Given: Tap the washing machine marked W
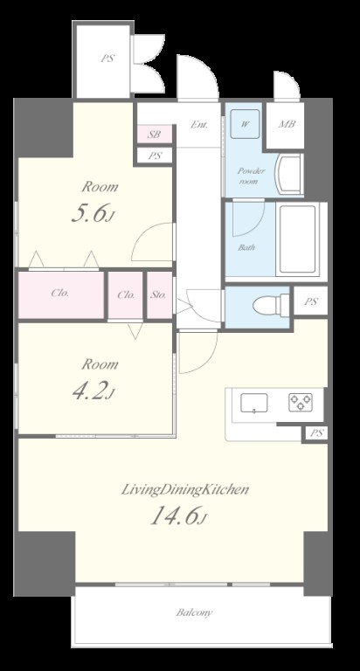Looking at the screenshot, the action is click(245, 124).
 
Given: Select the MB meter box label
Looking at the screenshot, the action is click(287, 125).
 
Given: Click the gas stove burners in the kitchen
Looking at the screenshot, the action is click(300, 402).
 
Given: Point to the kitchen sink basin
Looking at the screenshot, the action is click(254, 403).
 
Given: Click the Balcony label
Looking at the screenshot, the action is click(194, 612).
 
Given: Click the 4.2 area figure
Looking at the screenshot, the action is click(93, 391).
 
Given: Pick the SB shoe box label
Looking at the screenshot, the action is click(154, 134).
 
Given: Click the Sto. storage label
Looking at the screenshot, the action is click(158, 294).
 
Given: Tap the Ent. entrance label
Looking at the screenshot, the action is click(199, 125).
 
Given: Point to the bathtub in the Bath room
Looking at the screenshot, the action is click(298, 240).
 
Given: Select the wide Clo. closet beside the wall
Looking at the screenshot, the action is click(60, 294).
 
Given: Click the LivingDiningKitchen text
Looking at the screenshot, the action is click(185, 489).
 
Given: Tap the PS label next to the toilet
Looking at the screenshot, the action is click(311, 301).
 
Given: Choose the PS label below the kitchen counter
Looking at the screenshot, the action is click(316, 433).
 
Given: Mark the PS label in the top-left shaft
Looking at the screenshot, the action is click(107, 59).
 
